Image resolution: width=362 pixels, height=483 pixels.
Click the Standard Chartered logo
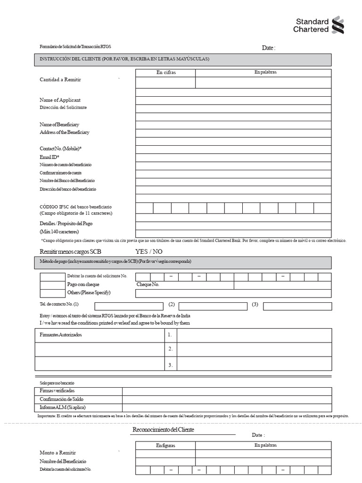click(x=319, y=25)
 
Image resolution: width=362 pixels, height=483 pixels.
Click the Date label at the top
click(x=268, y=48)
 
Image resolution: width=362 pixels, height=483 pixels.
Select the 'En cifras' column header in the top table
click(x=165, y=73)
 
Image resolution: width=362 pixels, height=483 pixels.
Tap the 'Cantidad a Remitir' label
click(x=60, y=80)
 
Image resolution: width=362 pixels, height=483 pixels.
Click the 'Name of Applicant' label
click(x=60, y=100)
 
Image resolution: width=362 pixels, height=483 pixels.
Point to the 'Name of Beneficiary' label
click(x=59, y=125)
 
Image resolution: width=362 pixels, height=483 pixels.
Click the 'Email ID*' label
click(x=49, y=157)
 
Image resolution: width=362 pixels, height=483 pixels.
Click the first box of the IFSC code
click(x=144, y=208)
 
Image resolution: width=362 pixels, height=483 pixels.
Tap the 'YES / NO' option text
click(x=149, y=251)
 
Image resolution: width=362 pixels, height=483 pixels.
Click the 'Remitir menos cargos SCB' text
click(x=71, y=251)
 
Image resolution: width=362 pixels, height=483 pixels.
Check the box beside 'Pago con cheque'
click(x=52, y=285)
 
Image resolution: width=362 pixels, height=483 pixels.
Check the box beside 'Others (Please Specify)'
click(x=52, y=293)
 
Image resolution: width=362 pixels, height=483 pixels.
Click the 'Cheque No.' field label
click(x=148, y=285)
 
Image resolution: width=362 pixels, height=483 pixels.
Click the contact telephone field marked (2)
click(x=213, y=306)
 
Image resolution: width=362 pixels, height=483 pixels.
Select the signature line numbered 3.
click(x=254, y=365)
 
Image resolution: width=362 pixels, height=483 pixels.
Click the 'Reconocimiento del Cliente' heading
click(x=163, y=430)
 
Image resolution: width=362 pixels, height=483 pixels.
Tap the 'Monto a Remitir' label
click(x=58, y=452)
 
